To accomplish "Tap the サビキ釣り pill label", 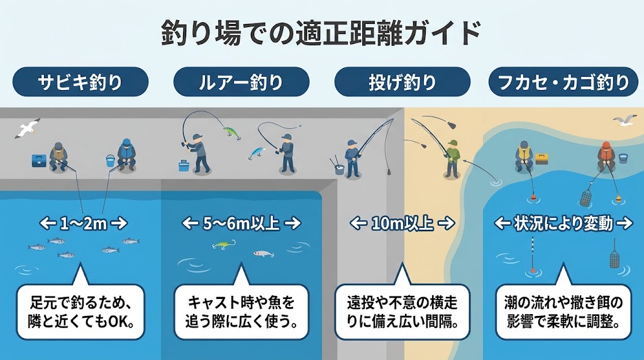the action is [x=80, y=82].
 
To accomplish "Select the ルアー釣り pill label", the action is [x=241, y=82].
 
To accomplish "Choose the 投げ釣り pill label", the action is [x=402, y=82].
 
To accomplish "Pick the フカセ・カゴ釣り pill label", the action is [x=563, y=82].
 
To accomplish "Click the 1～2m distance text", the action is [x=84, y=223].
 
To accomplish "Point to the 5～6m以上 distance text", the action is [x=241, y=223].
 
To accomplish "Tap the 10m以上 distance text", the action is [x=402, y=223].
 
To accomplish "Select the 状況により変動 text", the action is [x=563, y=223].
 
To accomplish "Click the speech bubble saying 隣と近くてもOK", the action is [x=80, y=312].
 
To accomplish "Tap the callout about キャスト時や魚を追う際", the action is [x=241, y=312].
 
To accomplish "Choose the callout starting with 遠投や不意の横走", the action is [x=402, y=312].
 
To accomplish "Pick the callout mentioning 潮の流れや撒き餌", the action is [x=563, y=312].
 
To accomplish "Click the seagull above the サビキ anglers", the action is [x=27, y=128].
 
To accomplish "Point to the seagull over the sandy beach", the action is [x=625, y=120].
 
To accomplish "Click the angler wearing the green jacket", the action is [x=452, y=159].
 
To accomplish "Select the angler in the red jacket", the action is [x=606, y=157].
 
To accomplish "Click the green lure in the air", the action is [x=231, y=132].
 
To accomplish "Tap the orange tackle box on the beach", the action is [x=541, y=159].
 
